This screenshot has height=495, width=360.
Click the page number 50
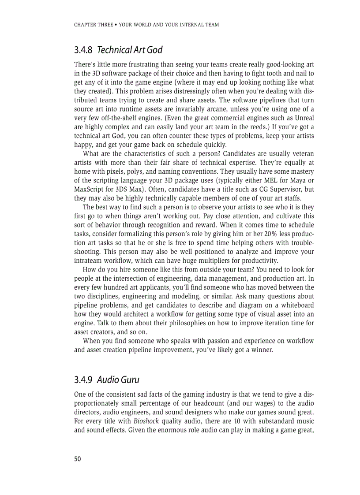[x=78, y=459]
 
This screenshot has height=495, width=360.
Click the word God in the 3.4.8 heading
[x=154, y=50]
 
